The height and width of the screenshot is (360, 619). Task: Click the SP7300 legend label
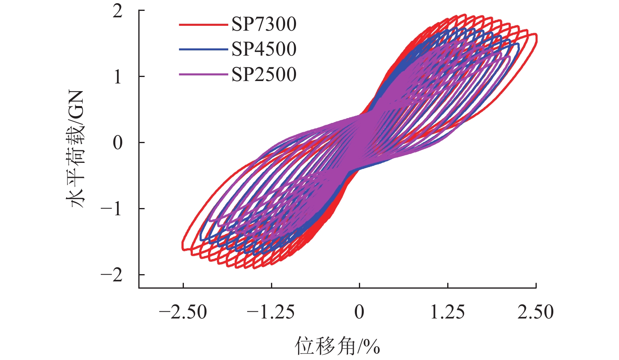pyautogui.click(x=264, y=25)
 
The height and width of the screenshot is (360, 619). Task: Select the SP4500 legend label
pyautogui.click(x=264, y=49)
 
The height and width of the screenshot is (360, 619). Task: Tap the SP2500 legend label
pyautogui.click(x=264, y=75)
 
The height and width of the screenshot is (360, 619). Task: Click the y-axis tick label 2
pyautogui.click(x=117, y=11)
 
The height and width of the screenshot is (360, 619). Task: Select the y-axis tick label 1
pyautogui.click(x=117, y=77)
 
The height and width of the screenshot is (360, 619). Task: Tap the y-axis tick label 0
pyautogui.click(x=117, y=143)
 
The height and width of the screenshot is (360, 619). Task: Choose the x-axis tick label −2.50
pyautogui.click(x=183, y=312)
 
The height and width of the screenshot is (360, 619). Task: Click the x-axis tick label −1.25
pyautogui.click(x=271, y=312)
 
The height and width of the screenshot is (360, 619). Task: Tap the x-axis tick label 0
pyautogui.click(x=359, y=312)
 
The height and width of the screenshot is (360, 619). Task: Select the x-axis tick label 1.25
pyautogui.click(x=448, y=312)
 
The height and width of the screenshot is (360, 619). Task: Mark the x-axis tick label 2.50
pyautogui.click(x=536, y=312)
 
